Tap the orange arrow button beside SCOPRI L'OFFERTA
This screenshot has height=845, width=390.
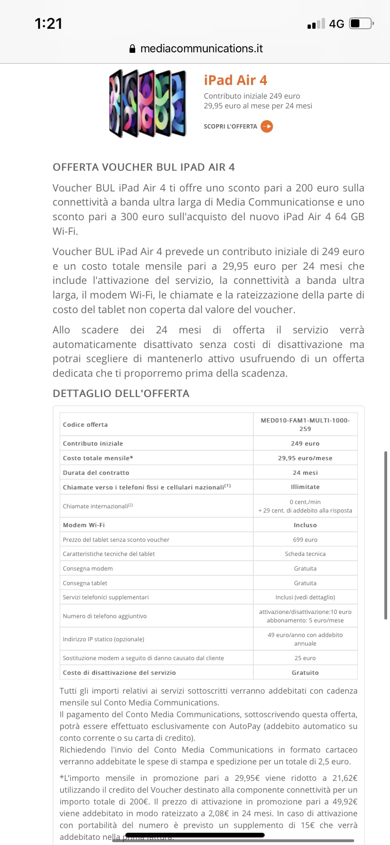pos(267,126)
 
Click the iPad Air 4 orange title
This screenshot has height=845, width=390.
pos(235,80)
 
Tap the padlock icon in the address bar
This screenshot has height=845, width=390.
pos(132,49)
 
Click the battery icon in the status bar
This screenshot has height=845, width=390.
pos(361,24)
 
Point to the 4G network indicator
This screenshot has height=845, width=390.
pos(336,24)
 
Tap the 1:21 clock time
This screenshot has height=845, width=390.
pos(49,24)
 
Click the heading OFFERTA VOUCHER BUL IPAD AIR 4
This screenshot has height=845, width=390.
pos(144,167)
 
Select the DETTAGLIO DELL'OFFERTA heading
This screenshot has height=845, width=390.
pos(121,393)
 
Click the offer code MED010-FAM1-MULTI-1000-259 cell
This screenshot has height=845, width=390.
pos(305,424)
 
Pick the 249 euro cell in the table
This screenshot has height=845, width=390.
pos(305,443)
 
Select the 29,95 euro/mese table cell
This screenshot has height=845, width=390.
pos(305,458)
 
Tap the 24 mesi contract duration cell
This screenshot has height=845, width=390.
pos(305,472)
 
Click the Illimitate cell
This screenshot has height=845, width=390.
pos(305,487)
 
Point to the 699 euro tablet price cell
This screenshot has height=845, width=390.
pos(305,539)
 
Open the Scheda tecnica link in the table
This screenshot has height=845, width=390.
pos(305,554)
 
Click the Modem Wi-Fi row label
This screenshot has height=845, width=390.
pos(84,525)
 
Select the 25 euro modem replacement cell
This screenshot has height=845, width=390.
pos(305,658)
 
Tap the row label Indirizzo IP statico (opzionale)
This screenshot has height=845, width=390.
pos(104,639)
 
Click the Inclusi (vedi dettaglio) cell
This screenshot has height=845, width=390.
pos(305,597)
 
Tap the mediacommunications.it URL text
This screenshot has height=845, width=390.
pos(202,49)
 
